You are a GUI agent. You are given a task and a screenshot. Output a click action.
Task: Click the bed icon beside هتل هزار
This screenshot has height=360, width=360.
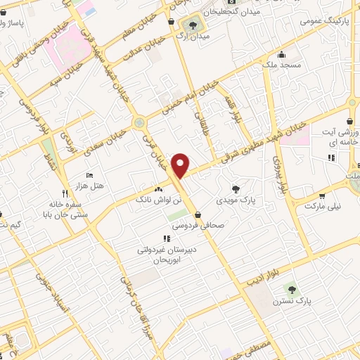(x=89, y=174)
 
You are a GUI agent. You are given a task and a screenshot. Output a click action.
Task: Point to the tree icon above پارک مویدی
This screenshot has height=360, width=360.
(x=236, y=188)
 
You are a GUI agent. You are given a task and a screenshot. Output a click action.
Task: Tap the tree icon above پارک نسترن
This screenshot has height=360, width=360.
(x=291, y=288)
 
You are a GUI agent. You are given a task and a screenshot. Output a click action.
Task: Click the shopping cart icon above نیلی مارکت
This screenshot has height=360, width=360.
(x=322, y=196)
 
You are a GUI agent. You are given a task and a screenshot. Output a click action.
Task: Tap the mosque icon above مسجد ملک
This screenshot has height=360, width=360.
(x=281, y=55)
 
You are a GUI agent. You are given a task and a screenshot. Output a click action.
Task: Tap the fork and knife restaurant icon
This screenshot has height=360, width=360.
(x=65, y=192)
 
